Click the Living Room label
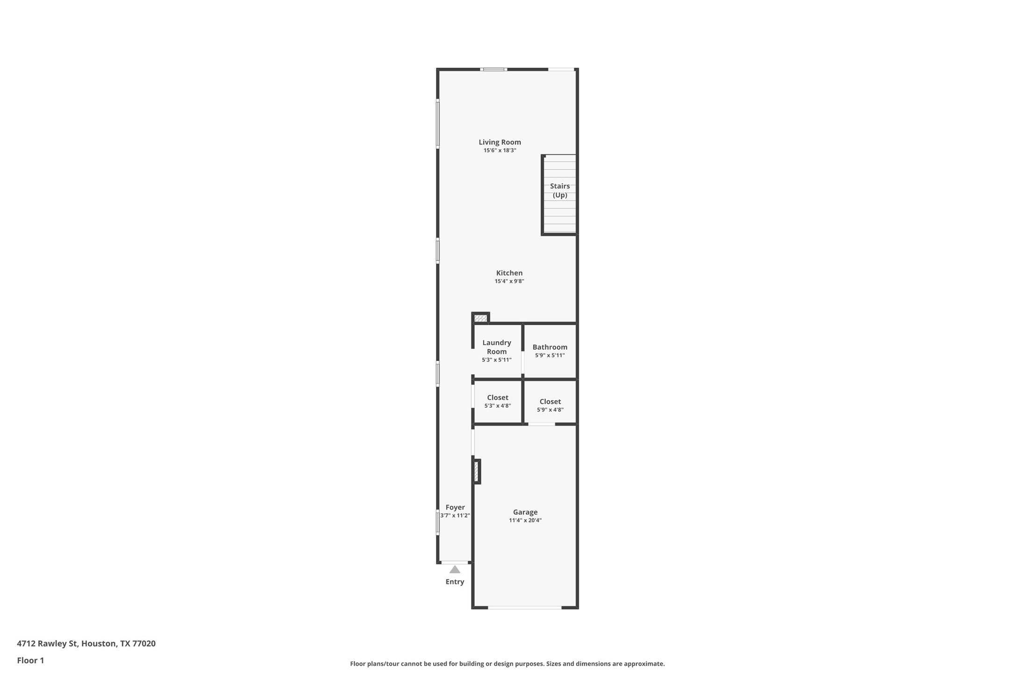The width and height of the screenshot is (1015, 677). (500, 142)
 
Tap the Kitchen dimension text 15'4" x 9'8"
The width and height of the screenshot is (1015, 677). (509, 281)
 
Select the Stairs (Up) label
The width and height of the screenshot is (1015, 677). (559, 191)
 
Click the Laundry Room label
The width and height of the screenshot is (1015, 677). (496, 347)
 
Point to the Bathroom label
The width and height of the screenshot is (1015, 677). (550, 347)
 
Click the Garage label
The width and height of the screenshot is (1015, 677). (525, 512)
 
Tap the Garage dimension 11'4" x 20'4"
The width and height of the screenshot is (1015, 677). (525, 520)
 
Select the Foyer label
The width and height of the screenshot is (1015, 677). (455, 507)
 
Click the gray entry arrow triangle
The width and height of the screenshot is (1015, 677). (455, 569)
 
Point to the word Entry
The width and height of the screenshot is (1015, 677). (455, 582)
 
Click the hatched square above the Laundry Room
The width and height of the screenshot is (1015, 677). (480, 318)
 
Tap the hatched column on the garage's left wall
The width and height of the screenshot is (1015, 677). (476, 471)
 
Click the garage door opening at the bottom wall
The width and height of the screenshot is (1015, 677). (524, 607)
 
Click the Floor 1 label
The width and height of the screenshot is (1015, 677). (30, 661)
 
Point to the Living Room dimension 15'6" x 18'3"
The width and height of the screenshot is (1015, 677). (500, 151)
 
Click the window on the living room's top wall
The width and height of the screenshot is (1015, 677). (493, 70)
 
